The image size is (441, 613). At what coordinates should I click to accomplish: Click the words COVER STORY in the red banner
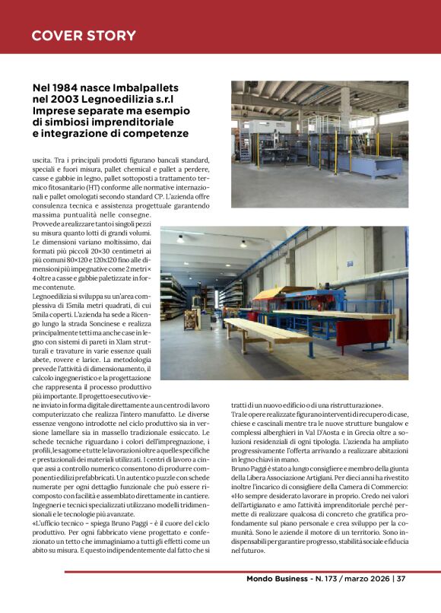coord(84,36)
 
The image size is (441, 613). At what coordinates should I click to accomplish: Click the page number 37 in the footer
coord(401,578)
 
